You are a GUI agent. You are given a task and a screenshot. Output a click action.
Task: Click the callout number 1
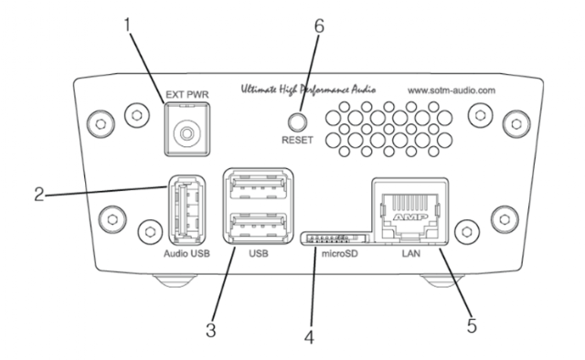[x=128, y=25]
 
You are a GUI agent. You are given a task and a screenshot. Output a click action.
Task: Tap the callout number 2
[x=39, y=195]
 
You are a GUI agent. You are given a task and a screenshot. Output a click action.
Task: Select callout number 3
[x=211, y=330]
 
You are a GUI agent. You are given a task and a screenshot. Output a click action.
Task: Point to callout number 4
[x=309, y=337]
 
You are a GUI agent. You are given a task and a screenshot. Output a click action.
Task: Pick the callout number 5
[x=472, y=325]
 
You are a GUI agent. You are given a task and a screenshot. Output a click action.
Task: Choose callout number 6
[x=319, y=26]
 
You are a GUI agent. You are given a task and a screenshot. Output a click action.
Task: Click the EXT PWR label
[x=187, y=95]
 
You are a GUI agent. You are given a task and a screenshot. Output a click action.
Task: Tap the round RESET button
[x=297, y=122]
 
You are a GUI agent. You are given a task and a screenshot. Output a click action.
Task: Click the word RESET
[x=297, y=141]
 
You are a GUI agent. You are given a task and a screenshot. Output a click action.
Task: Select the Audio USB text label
[x=186, y=254]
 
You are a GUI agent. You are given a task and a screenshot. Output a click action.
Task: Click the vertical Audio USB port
[x=186, y=210]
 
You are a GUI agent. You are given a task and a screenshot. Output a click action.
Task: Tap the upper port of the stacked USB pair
[x=258, y=187]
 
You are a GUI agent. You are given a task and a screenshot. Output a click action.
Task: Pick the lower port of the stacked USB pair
[x=258, y=225]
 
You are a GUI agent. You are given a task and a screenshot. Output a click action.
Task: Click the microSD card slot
[x=335, y=238]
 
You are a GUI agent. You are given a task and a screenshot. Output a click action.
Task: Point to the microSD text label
[x=339, y=254]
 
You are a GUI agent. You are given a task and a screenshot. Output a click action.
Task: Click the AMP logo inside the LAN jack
[x=409, y=217]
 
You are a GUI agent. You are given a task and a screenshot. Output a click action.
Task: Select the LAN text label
[x=410, y=254]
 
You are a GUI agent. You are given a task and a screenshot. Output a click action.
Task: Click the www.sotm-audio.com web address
[x=452, y=90]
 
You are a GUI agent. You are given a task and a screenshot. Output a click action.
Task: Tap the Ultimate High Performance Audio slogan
[x=308, y=90]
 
